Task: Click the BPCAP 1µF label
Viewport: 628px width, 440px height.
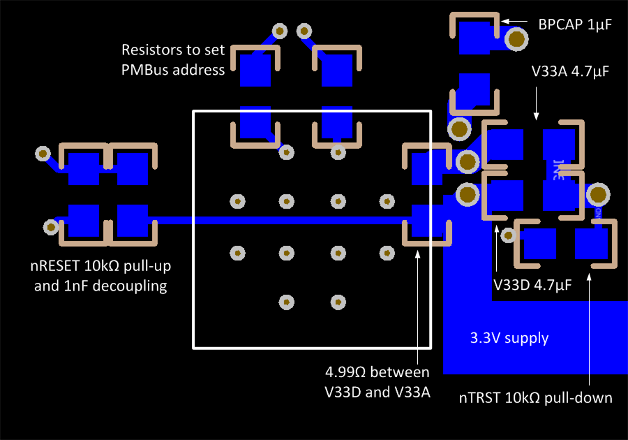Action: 574,24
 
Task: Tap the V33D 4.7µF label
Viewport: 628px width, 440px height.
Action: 532,285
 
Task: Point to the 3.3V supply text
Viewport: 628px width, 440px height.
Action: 508,338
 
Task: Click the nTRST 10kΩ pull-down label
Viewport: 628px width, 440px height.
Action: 536,398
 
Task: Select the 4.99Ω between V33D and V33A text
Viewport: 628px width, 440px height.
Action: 377,381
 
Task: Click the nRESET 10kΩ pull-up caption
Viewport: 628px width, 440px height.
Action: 100,275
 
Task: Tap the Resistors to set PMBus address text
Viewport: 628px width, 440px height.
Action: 173,59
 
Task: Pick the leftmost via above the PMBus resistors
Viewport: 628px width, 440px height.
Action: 280,31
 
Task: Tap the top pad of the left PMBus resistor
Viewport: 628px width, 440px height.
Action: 255,71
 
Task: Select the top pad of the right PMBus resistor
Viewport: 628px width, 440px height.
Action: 336,71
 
